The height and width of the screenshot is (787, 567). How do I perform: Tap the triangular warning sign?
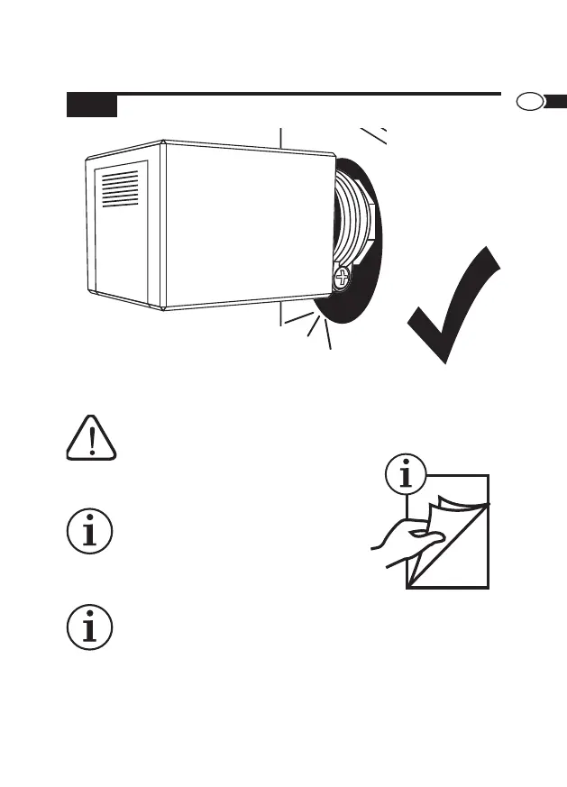(92, 438)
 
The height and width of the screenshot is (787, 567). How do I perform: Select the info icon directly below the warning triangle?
(91, 532)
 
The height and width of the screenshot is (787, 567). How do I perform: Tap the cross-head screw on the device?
(343, 278)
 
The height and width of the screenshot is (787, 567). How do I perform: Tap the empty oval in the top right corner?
(529, 101)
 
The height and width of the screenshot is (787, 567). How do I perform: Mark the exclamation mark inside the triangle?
(92, 440)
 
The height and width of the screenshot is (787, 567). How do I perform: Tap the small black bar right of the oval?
(555, 100)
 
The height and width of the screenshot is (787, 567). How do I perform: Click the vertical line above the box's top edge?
(280, 137)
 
